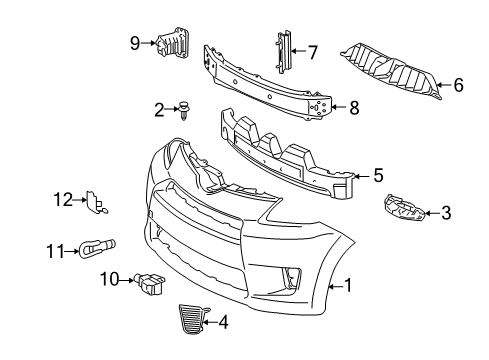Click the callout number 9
click(x=135, y=43)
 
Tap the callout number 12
click(x=63, y=200)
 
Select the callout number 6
click(x=458, y=85)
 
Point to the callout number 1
click(x=348, y=286)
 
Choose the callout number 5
click(x=378, y=175)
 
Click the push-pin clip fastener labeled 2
click(x=183, y=110)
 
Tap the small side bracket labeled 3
click(x=404, y=209)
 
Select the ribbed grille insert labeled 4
click(x=192, y=319)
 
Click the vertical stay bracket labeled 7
click(x=283, y=52)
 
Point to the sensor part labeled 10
click(x=149, y=283)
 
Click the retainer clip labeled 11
click(x=97, y=248)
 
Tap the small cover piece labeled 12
click(x=96, y=202)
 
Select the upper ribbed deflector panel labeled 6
click(x=391, y=71)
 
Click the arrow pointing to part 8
click(x=339, y=107)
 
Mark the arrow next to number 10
click(x=127, y=281)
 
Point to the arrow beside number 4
click(x=210, y=322)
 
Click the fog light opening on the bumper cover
click(x=292, y=277)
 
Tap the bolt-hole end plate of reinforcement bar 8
click(x=319, y=107)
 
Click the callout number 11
click(x=55, y=251)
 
